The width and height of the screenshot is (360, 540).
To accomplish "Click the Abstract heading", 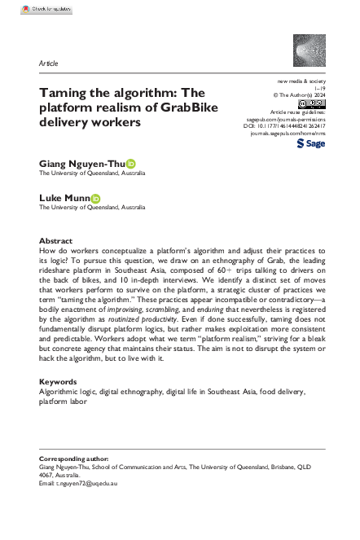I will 57,241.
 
